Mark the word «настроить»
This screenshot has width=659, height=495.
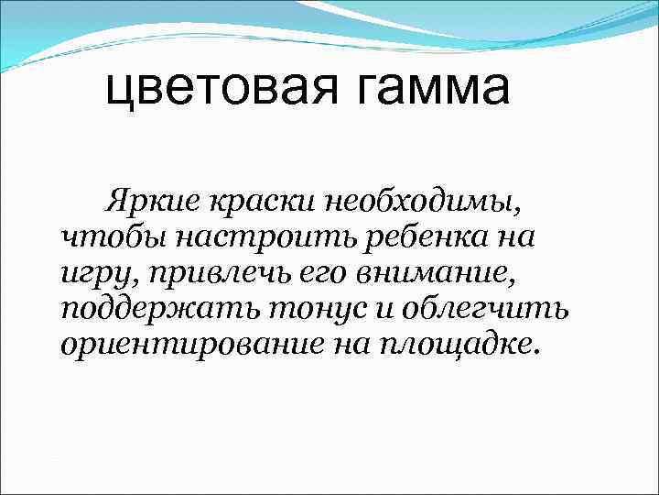pos(240,237)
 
